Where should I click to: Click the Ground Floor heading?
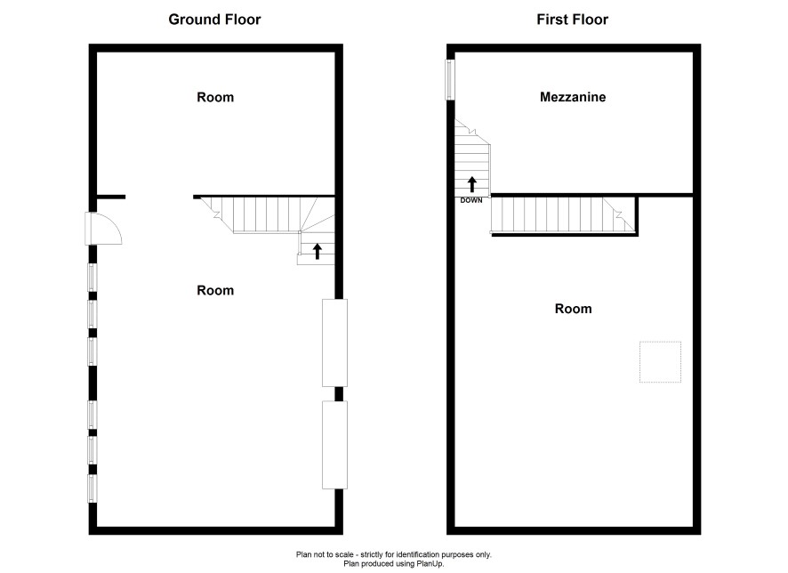214,20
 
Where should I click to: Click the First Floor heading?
573,20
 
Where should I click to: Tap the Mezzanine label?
573,97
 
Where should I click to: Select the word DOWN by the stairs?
471,200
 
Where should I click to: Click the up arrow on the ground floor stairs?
318,251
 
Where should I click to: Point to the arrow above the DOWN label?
471,184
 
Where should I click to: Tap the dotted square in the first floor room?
660,362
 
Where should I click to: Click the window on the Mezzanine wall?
451,79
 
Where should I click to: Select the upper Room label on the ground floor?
215,97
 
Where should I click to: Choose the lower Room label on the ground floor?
215,290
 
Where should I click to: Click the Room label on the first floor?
573,309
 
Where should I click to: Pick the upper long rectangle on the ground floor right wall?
334,343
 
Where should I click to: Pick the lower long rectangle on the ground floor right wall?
334,445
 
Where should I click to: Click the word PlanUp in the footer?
430,564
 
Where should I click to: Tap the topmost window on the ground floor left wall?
92,278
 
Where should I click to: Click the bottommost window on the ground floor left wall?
92,488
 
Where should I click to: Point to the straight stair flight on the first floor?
563,214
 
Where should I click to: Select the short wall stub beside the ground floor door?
111,197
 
